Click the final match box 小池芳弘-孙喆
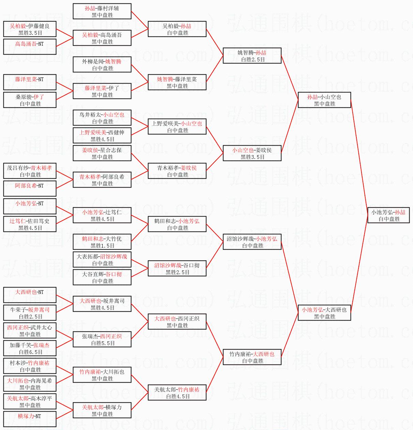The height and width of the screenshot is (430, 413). (x=388, y=215)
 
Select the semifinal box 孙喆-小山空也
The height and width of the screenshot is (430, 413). (x=324, y=100)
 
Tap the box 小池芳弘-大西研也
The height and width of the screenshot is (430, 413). (x=324, y=312)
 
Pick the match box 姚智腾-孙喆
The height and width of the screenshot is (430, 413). (x=252, y=56)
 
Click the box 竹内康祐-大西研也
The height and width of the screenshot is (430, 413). (x=252, y=357)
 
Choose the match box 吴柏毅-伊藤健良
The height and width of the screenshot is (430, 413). (x=30, y=29)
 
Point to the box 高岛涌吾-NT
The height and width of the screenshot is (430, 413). (x=30, y=47)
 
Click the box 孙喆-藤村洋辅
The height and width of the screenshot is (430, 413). (x=102, y=11)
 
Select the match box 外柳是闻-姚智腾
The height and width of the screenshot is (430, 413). (x=102, y=64)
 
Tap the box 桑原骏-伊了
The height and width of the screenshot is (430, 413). (x=30, y=100)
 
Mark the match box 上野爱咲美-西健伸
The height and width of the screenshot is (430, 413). (x=102, y=135)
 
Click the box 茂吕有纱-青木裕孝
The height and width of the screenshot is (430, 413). (x=30, y=171)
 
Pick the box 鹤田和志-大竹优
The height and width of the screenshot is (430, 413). (x=102, y=242)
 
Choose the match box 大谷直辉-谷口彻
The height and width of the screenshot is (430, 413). (x=102, y=277)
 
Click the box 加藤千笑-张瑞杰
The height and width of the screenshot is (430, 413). (x=30, y=348)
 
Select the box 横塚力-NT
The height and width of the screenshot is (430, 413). (x=30, y=419)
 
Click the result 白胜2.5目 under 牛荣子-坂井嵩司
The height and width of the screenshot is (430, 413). (x=30, y=316)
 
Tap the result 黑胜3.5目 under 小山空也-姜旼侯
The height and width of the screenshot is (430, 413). (x=252, y=157)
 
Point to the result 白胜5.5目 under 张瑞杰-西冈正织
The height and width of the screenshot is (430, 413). (x=103, y=343)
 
